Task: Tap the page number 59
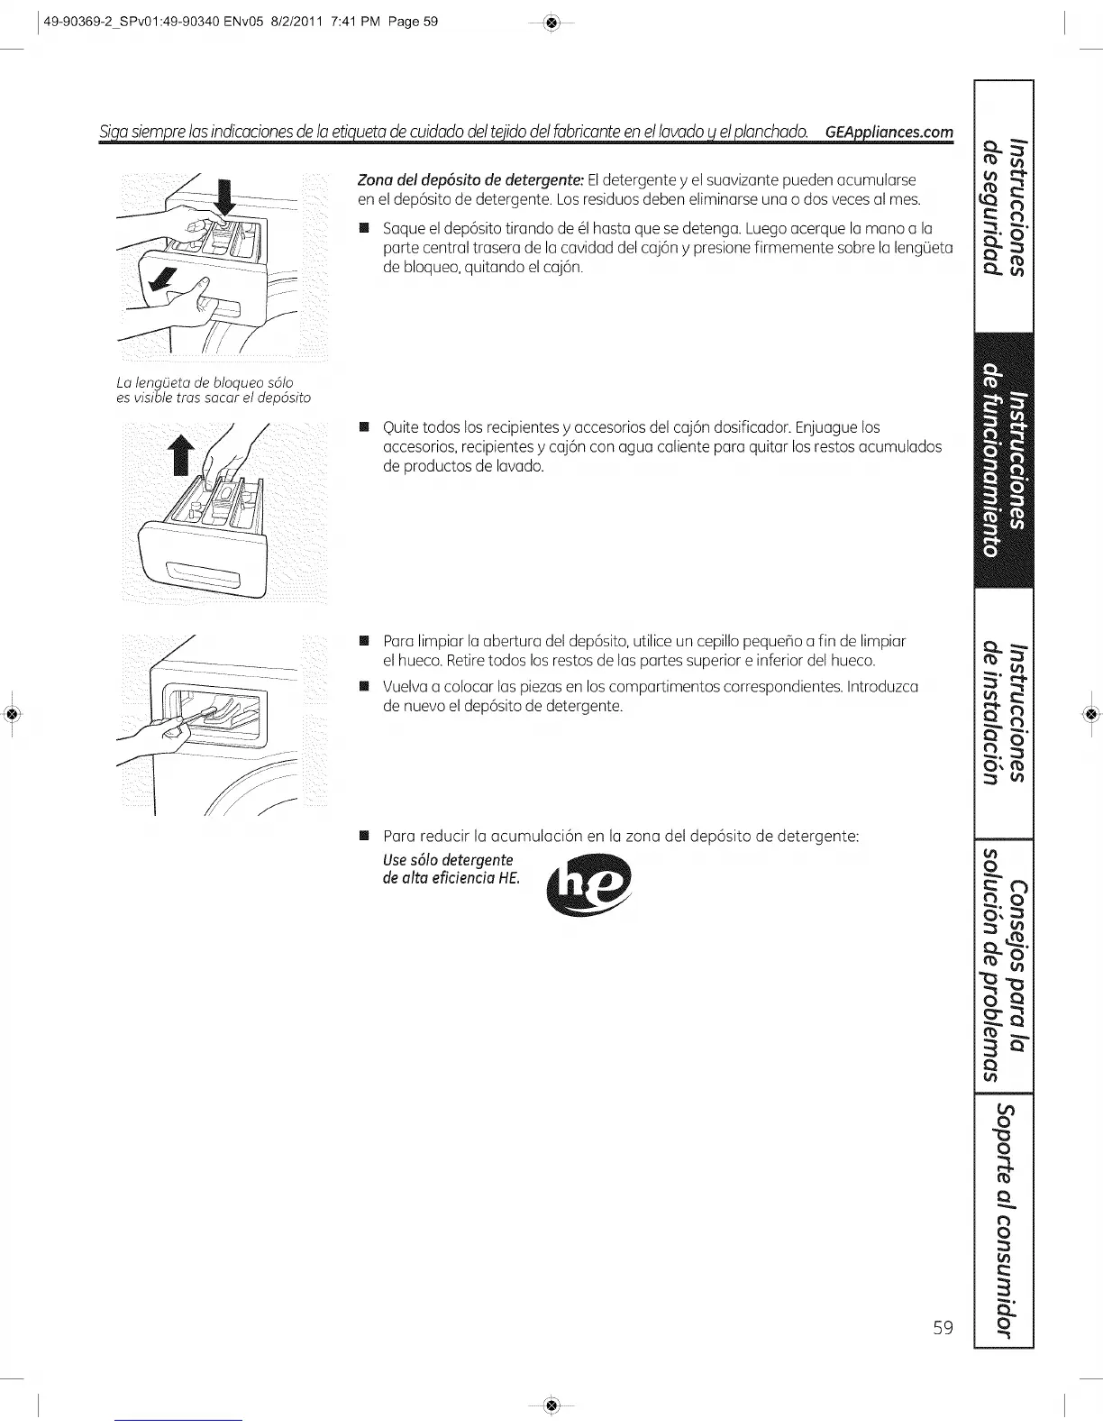tap(943, 1328)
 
